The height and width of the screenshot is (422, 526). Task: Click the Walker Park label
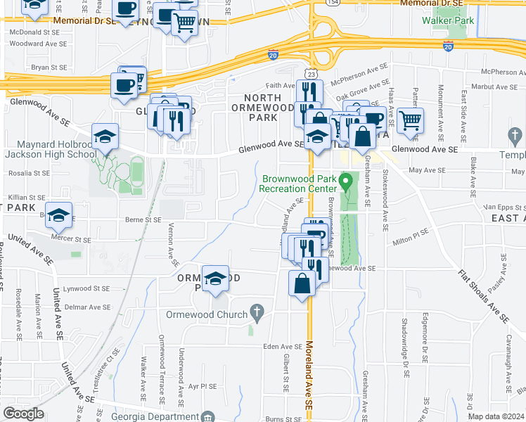(x=448, y=20)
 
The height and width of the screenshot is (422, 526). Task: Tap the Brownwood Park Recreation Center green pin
(x=345, y=181)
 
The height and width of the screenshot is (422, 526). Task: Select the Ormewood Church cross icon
(x=257, y=310)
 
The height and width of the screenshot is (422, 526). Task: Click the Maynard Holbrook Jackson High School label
(x=52, y=149)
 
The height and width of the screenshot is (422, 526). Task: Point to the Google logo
(x=23, y=414)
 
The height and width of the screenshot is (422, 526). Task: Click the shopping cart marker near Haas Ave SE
(x=410, y=120)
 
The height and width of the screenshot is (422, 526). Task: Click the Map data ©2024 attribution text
(x=496, y=416)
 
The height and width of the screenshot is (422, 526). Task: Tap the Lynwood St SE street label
(x=87, y=288)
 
